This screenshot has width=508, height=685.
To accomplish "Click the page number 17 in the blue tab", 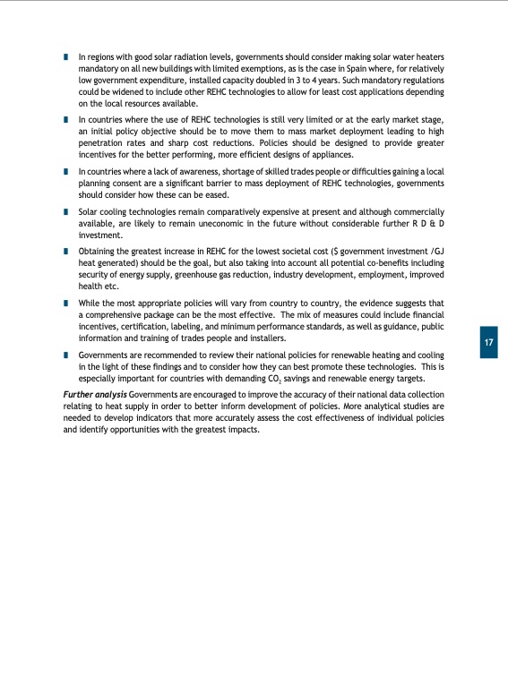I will [488, 343].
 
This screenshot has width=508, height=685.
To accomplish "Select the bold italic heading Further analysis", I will [94, 395].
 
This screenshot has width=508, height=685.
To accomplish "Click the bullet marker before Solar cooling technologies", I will [66, 212].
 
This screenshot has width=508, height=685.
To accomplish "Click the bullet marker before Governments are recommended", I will [66, 356].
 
